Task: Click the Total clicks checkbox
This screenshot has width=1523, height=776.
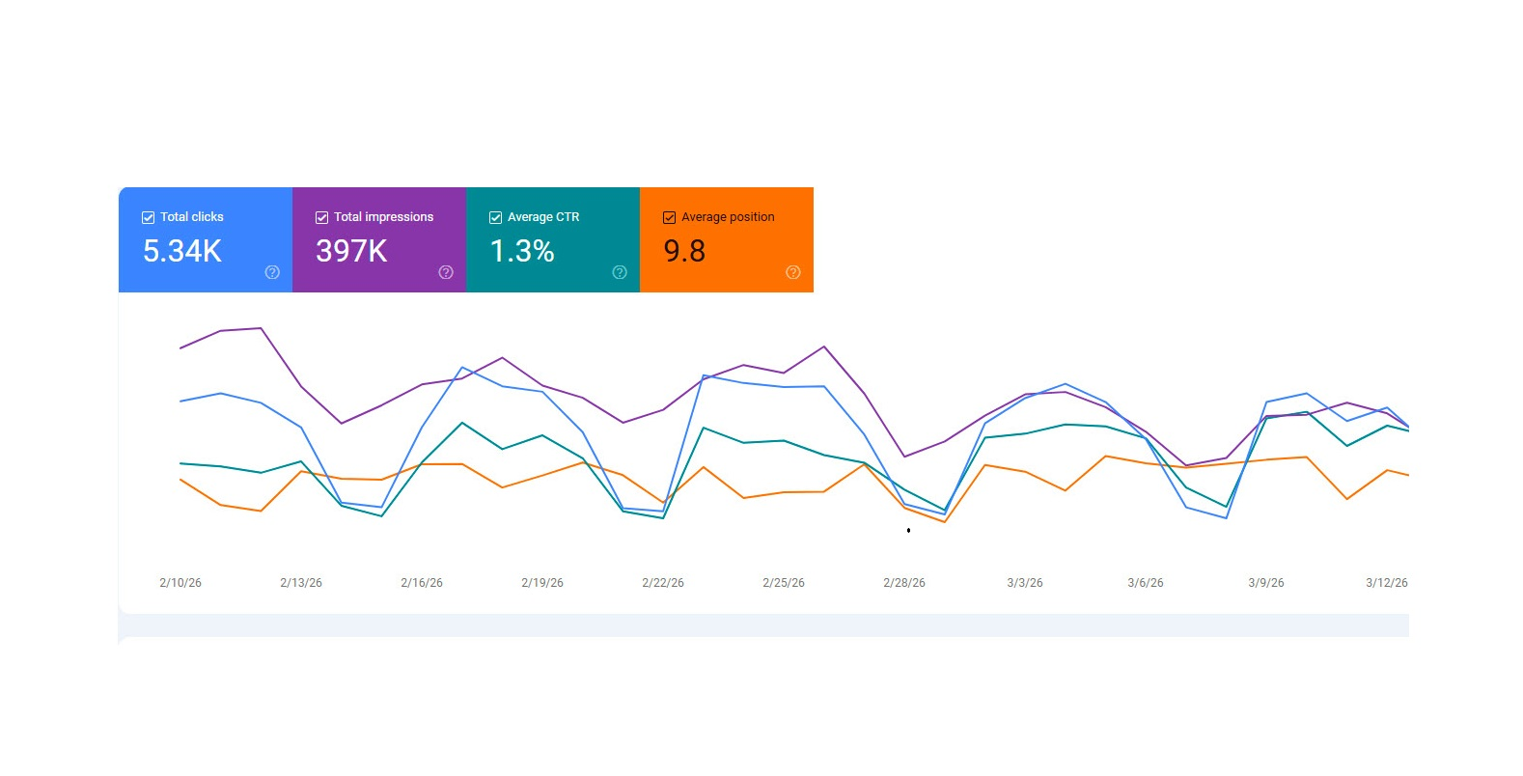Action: [x=148, y=218]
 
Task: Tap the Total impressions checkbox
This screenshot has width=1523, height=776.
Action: [x=321, y=218]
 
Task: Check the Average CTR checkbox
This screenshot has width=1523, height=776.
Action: [x=495, y=218]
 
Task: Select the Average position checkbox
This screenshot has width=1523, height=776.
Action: [x=669, y=218]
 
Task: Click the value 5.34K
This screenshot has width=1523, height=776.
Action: [x=182, y=252]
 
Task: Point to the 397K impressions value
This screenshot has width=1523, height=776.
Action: [x=351, y=252]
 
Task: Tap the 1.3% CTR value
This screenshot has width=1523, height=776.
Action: [x=522, y=252]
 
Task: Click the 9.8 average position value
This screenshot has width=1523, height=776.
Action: [x=684, y=252]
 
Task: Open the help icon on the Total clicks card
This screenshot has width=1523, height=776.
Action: [x=272, y=272]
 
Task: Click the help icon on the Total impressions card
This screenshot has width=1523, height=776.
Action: [x=446, y=272]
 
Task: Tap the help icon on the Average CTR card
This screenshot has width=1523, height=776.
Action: [x=620, y=272]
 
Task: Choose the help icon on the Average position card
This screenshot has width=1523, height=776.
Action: [x=793, y=272]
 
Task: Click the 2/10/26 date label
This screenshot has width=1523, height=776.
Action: [x=180, y=583]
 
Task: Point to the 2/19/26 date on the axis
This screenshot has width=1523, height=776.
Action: [x=542, y=583]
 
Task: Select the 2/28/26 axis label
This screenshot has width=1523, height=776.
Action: [x=904, y=583]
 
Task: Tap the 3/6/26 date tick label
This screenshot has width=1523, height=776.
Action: [x=1146, y=583]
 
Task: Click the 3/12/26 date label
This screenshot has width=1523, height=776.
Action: [x=1387, y=583]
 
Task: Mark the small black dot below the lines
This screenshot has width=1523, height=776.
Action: [x=908, y=530]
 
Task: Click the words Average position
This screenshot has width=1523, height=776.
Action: [x=728, y=217]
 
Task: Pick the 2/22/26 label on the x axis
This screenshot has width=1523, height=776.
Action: [x=663, y=583]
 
